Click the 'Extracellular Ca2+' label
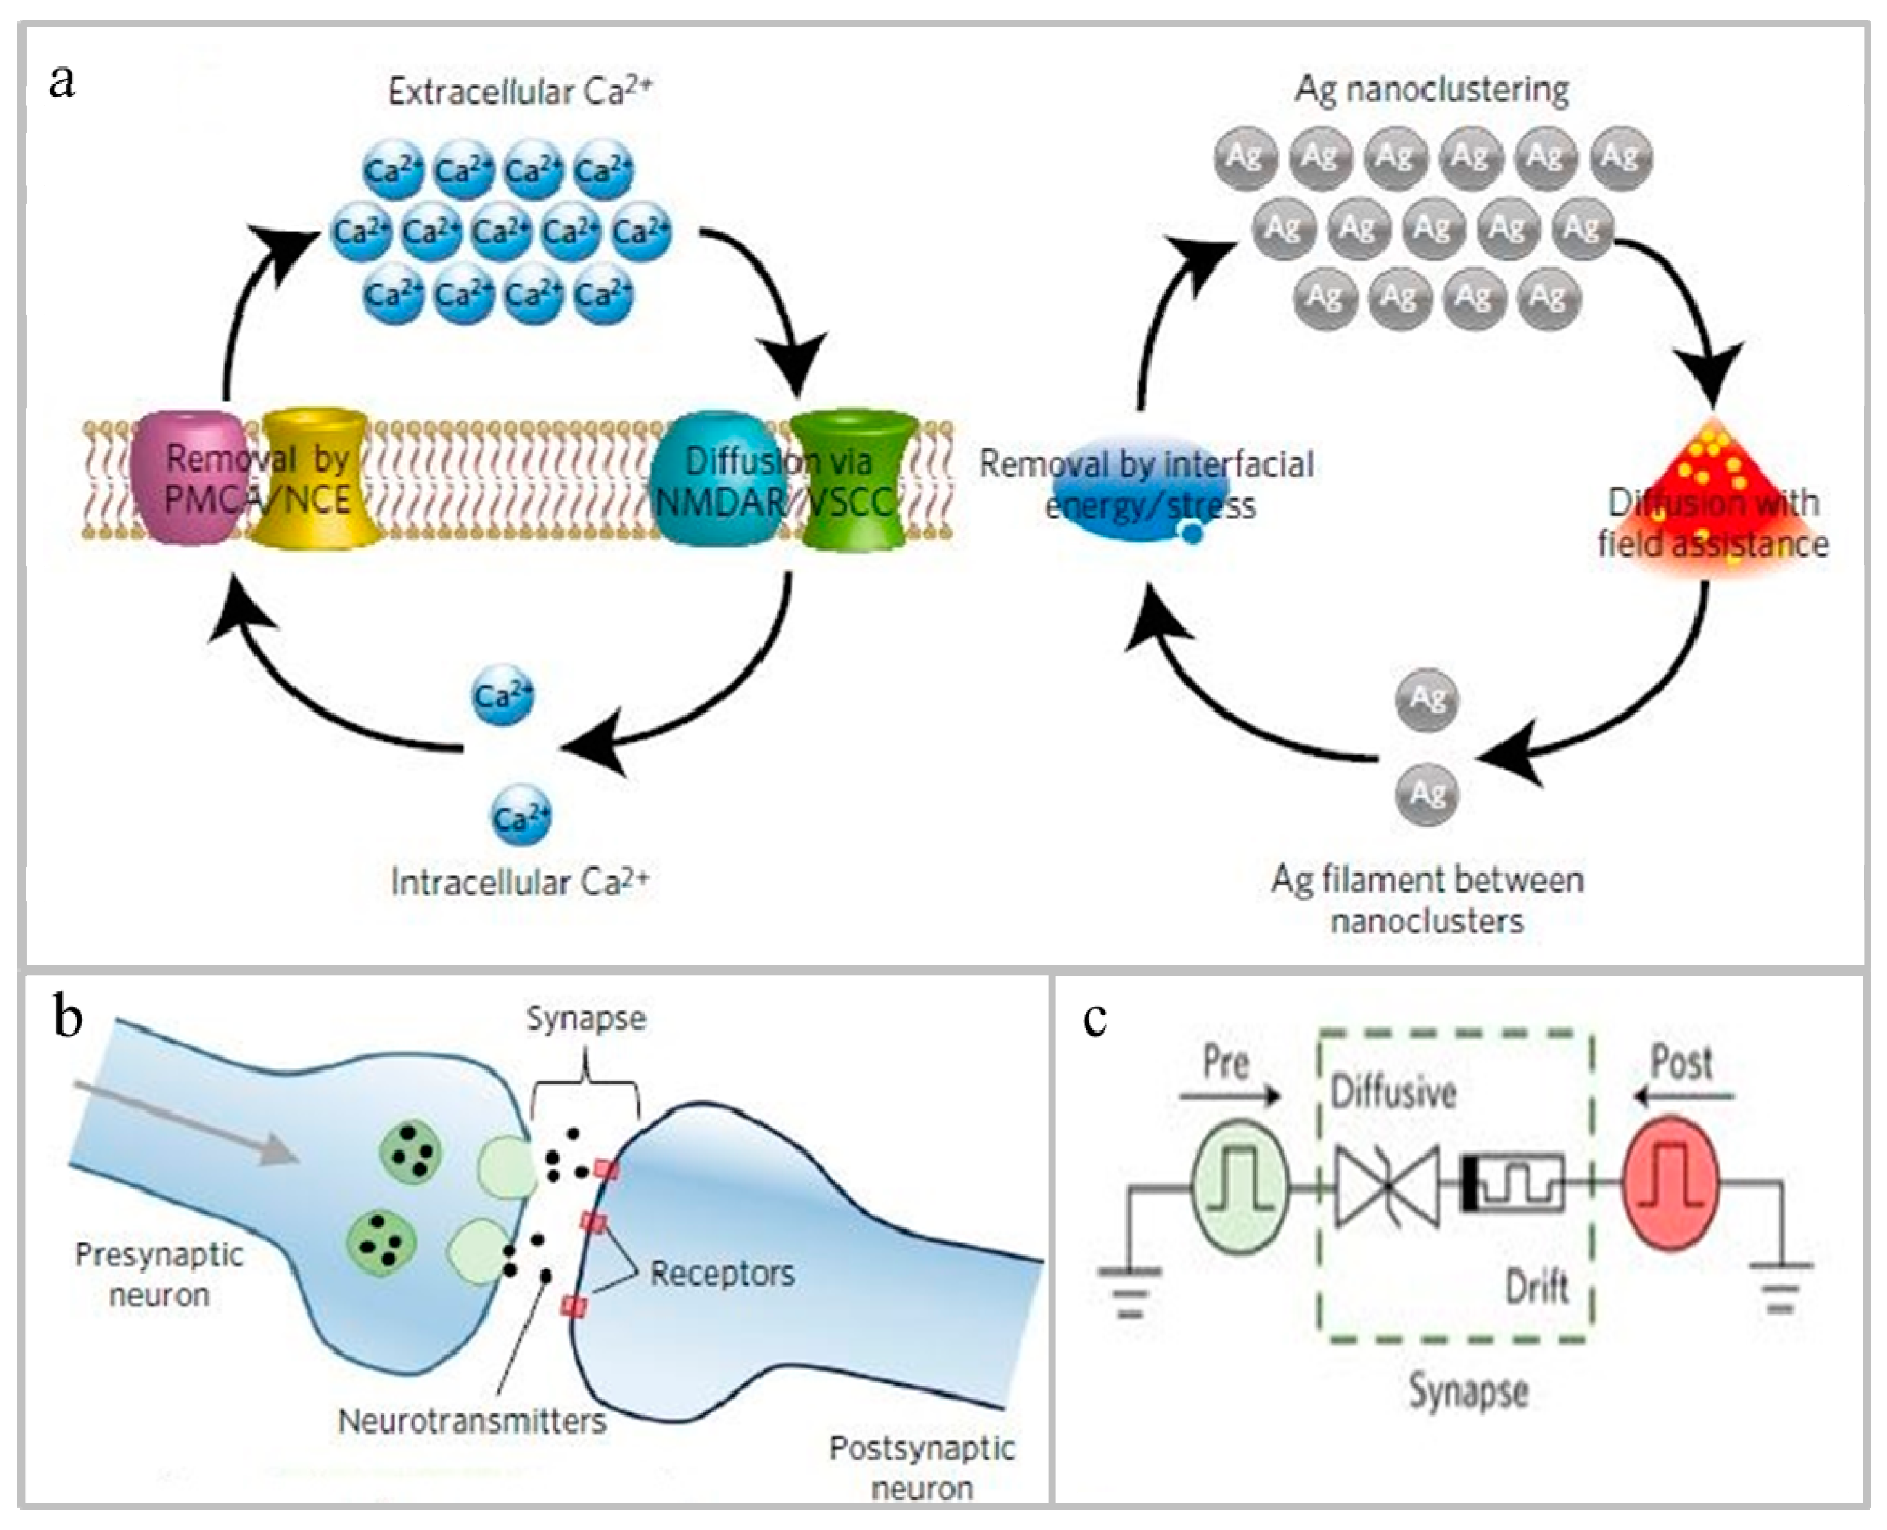click(x=520, y=91)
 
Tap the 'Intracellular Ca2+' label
click(x=520, y=882)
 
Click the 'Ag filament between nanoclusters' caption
click(x=1427, y=900)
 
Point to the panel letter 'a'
click(x=62, y=81)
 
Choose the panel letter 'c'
click(x=1095, y=1018)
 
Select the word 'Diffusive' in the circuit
click(x=1392, y=1093)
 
